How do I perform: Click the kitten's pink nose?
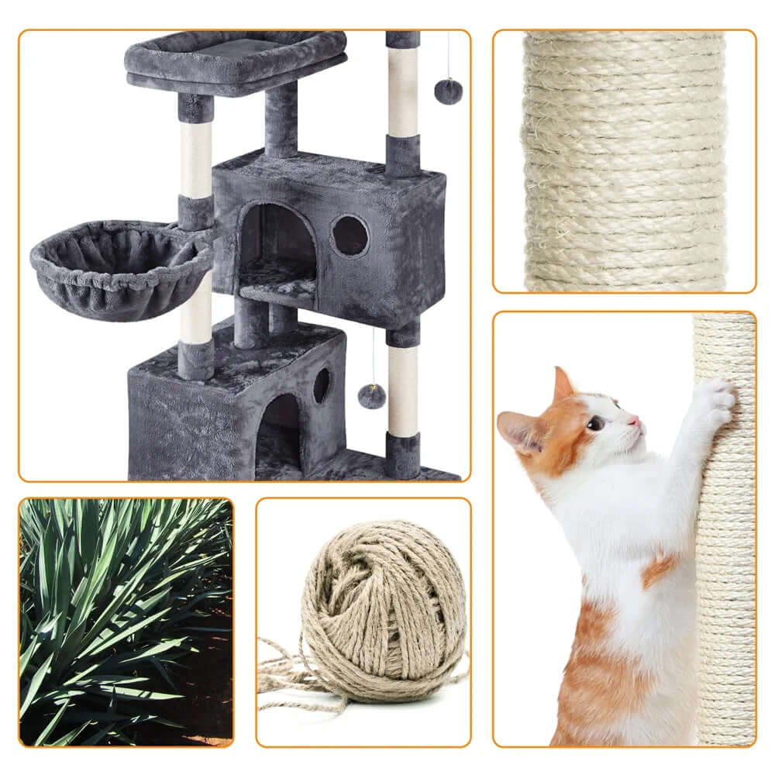636,419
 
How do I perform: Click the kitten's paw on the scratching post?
714,399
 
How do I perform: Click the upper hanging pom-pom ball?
448,91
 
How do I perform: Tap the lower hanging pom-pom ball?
372,396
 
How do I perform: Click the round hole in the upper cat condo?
350,235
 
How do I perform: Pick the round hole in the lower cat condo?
321,385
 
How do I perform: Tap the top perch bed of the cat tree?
234,57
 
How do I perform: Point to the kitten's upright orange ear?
563,385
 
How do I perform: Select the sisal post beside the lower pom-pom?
403,391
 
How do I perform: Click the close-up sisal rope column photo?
624,160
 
